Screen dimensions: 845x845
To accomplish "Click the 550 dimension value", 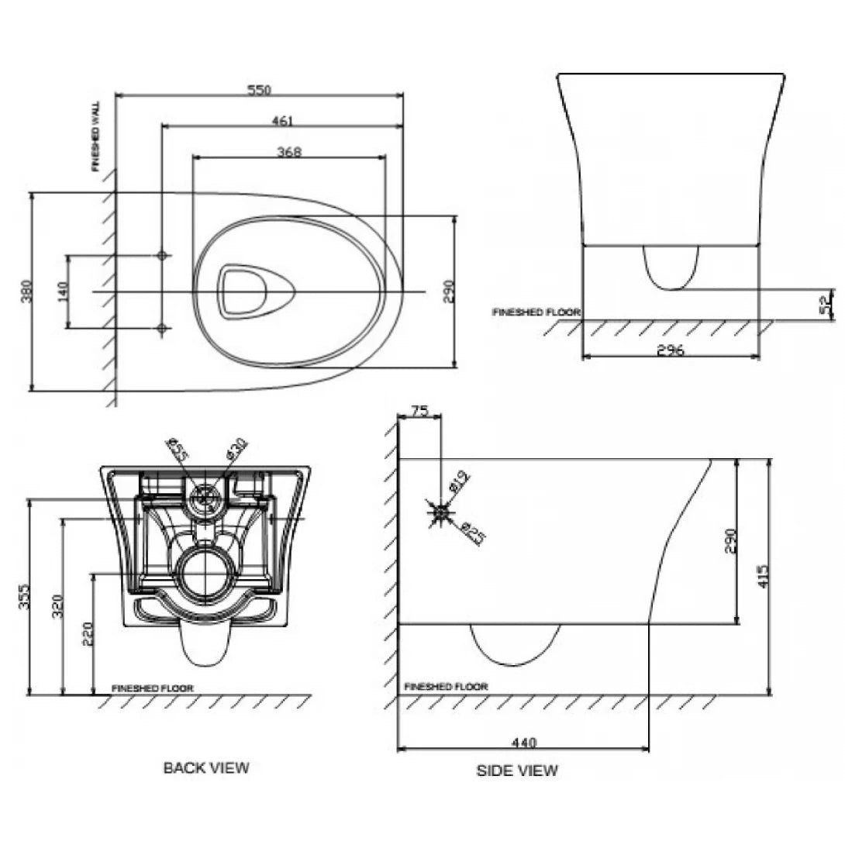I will pos(259,90).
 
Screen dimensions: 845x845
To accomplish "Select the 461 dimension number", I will pos(282,121).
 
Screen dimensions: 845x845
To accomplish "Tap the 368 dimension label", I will pos(288,152).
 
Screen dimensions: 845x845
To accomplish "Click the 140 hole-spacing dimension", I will pos(63,291).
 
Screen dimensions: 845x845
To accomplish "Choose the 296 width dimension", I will pos(671,350).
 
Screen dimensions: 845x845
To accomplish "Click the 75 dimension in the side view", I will pos(419,412).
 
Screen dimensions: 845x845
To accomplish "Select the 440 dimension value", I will pos(524,743).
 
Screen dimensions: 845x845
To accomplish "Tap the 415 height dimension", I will pos(764,575).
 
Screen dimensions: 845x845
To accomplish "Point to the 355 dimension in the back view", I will pos(24,597).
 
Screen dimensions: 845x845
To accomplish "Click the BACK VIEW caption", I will pos(206,767).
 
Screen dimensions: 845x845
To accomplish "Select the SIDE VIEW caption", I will pos(517,771).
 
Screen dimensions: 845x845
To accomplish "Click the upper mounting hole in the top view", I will pos(162,255).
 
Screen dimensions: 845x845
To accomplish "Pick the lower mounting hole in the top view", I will pos(162,329).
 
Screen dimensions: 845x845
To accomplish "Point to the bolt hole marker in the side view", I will pos(440,512).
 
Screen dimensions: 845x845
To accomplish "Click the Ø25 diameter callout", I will pos(472,534).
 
